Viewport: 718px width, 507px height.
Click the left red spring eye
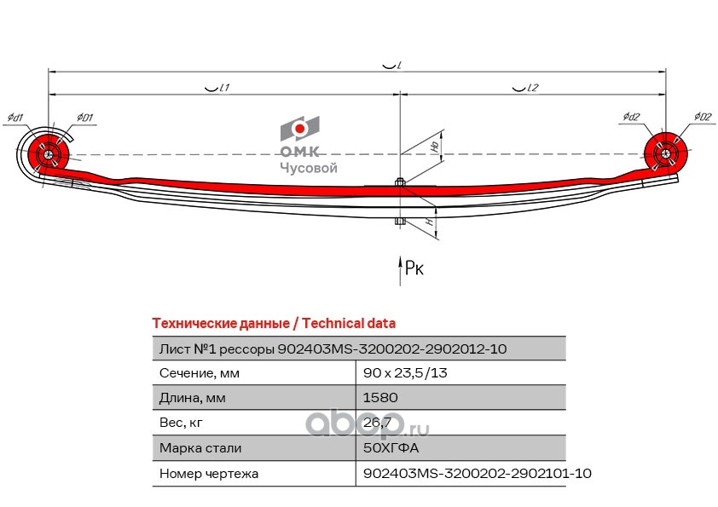pos(46,155)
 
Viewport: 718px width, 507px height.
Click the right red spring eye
pos(666,154)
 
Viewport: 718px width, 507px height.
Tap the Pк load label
pos(414,268)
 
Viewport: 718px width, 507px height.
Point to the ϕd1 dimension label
pos(14,117)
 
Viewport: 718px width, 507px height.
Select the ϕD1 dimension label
pos(84,117)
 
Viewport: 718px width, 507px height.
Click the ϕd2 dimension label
pos(631,117)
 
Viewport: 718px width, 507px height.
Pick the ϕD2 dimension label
pos(702,117)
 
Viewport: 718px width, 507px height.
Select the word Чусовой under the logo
pos(309,168)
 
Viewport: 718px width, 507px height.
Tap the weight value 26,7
pos(377,423)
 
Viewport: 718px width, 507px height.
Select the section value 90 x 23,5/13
pos(406,373)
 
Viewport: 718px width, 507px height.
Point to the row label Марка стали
pos(200,447)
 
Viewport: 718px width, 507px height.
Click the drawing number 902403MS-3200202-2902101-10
pos(477,472)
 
